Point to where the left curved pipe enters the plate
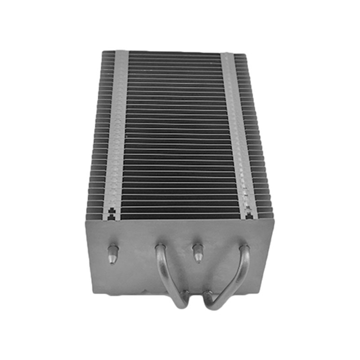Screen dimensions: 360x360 coord(160,248)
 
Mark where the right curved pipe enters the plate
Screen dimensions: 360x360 coord(244,248)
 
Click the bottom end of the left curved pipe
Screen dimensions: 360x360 coord(182,304)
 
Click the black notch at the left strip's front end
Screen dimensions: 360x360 coord(112,213)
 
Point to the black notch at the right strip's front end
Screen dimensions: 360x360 coord(247,213)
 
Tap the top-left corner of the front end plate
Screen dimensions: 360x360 coord(86,220)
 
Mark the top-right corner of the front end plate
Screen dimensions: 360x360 coord(274,220)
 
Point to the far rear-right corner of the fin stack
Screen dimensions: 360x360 coord(246,54)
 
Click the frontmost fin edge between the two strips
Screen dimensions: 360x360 coord(180,217)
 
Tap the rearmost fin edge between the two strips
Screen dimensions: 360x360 coord(174,53)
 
